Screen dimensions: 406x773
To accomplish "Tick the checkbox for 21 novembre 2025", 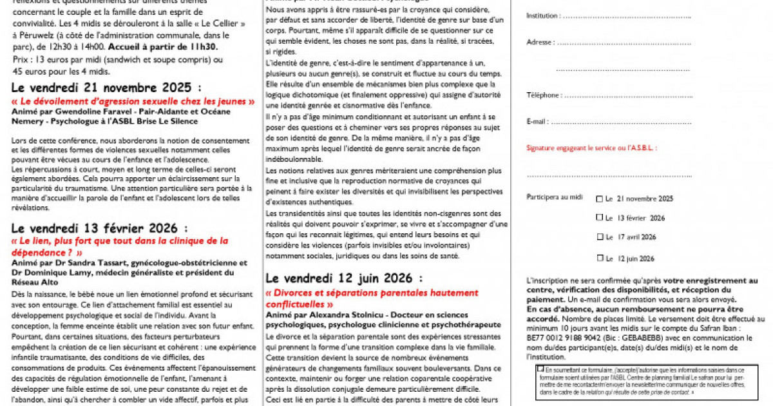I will pos(600,199).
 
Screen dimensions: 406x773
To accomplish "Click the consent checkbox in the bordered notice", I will pos(540,369).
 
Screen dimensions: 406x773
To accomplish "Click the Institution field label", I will pos(542,15).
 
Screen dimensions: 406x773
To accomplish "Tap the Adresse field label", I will pos(539,42).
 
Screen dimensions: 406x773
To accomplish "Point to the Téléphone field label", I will pos(542,95).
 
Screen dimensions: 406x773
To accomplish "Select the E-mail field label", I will pos(537,122).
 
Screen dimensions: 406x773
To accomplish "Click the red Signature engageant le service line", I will pos(591,148).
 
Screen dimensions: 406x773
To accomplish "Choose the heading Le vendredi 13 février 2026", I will pos(99,228).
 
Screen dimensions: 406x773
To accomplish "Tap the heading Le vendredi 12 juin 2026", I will pos(345,278).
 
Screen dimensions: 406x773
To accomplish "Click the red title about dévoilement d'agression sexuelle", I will pos(133,101).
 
